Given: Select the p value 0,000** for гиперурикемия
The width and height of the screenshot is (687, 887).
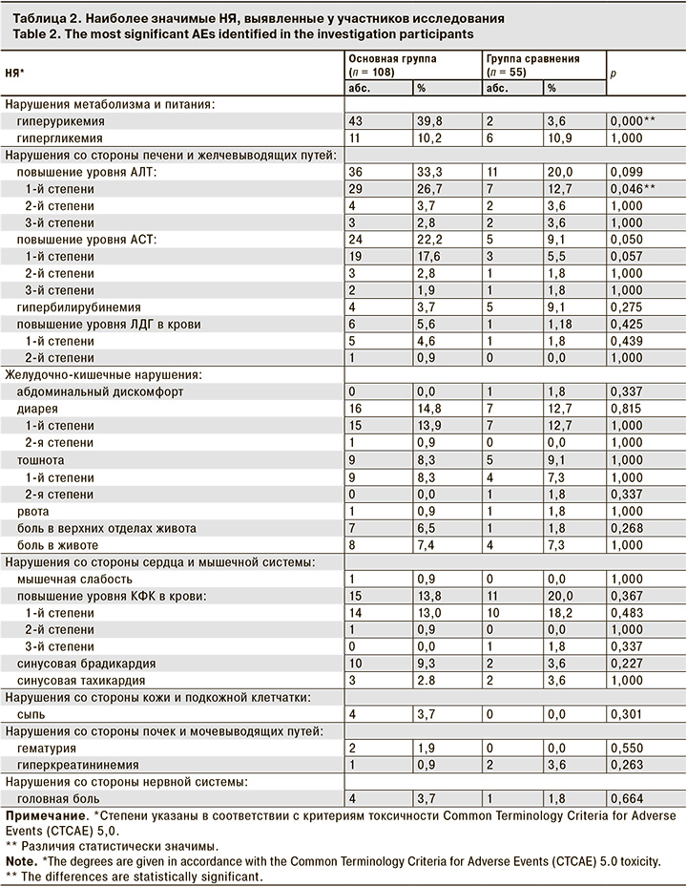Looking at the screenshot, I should pos(634,122).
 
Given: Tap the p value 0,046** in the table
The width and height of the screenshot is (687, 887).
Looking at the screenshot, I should pos(634,189).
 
